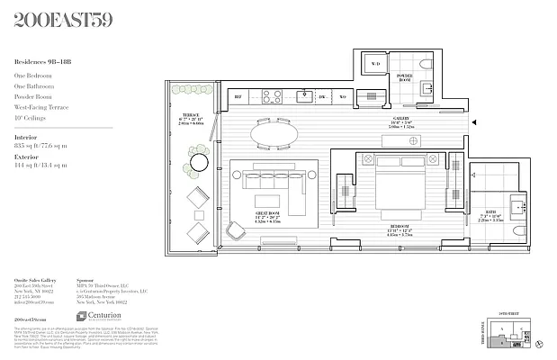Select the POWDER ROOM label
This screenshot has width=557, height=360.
coord(406,77)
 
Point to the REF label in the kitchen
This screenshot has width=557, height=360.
coord(238,94)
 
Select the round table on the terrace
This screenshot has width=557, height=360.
coord(198,163)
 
